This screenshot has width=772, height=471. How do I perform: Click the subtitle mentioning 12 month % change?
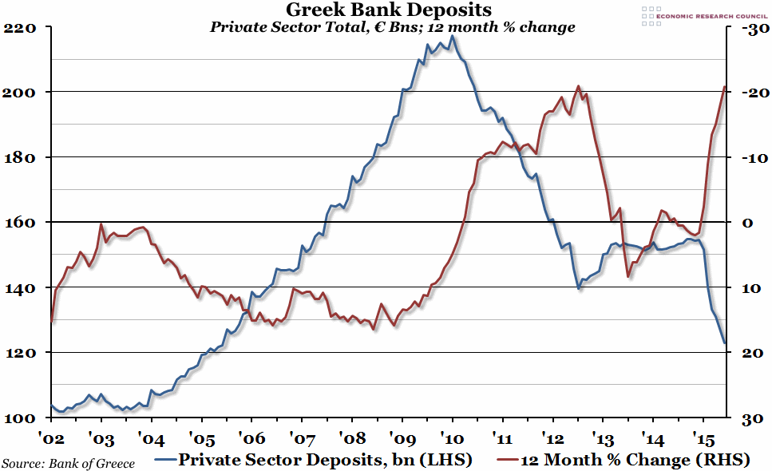pos(392,27)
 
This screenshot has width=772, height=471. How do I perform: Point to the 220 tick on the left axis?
pos(22,27)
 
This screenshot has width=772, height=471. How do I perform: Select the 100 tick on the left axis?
pos(22,418)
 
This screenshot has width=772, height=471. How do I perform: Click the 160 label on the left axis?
pos(22,222)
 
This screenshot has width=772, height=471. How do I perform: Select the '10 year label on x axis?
pos(453,437)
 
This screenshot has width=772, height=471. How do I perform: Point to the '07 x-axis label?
pos(303,437)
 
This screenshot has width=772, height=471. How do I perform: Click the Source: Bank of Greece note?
pos(69,462)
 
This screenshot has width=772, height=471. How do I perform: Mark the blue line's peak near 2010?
pos(452,36)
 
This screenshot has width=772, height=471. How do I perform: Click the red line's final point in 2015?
pos(724,86)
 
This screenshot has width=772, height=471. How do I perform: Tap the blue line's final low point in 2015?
pos(724,343)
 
